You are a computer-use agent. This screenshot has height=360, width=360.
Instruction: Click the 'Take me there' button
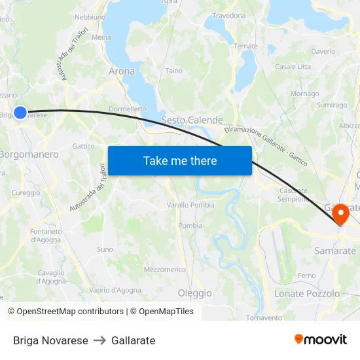[x=179, y=160]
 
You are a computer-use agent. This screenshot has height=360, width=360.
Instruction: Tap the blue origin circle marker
[x=20, y=113]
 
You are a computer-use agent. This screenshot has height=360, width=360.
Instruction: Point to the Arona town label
[x=121, y=71]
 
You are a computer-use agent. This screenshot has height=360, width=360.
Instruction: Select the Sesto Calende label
[x=192, y=120]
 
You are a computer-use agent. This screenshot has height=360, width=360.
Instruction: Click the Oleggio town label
[x=194, y=293]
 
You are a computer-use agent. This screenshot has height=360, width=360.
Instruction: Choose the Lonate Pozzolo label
[x=306, y=294]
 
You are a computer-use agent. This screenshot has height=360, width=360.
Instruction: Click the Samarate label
[x=335, y=251]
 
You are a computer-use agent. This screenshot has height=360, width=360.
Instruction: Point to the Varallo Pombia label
[x=190, y=205]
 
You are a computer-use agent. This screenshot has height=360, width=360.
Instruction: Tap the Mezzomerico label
[x=165, y=269]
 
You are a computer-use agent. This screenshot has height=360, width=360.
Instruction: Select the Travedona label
[x=228, y=16]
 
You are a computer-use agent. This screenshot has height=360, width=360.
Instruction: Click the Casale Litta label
[x=293, y=67]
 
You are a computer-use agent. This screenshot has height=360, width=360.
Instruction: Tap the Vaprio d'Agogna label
[x=115, y=290]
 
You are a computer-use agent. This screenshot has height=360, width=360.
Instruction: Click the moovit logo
[x=321, y=340]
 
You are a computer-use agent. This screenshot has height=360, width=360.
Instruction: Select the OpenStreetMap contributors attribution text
[x=65, y=312]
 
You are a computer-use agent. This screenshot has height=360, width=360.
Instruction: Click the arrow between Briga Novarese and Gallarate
[x=99, y=340]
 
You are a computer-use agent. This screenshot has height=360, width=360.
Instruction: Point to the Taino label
[x=173, y=71]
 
